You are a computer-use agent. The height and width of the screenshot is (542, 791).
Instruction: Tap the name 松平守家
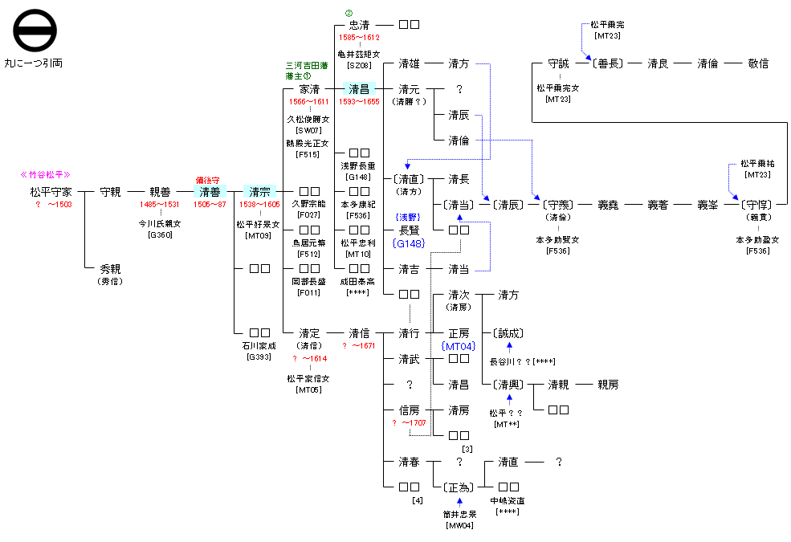pos(51,192)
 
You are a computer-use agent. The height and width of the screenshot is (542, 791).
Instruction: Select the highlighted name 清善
pos(210,192)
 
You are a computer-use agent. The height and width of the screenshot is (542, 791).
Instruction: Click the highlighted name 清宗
pos(259,192)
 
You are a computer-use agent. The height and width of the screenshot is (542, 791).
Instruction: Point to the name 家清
pos(309,89)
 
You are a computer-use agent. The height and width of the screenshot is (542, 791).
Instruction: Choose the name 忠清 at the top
pos(359,25)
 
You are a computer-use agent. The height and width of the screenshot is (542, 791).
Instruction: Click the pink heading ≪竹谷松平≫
pos(46,174)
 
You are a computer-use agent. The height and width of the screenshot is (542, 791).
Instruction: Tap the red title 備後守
pos(208,181)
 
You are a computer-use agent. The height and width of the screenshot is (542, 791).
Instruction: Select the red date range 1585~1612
pos(359,38)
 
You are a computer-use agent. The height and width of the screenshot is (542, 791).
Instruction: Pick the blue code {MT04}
pos(459,346)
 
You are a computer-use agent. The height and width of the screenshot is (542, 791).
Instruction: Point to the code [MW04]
pos(459,526)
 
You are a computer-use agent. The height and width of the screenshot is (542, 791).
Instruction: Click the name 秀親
pos(110,270)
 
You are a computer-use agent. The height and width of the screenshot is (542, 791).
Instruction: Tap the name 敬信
pos(757,63)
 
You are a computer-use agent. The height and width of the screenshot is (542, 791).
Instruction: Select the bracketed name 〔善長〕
pos(606,63)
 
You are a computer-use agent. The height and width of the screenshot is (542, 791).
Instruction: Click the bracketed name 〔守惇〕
pos(757,205)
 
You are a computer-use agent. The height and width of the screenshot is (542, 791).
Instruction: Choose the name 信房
pos(409,410)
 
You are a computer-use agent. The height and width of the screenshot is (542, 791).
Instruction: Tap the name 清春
pos(409,462)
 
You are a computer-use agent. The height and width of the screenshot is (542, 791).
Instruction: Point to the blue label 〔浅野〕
pos(409,218)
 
